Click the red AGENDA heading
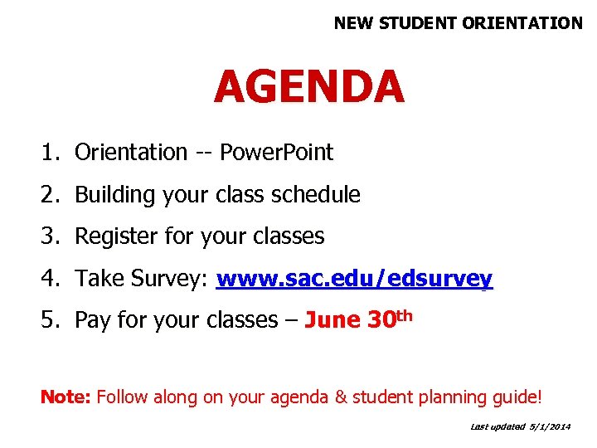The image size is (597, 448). [x=308, y=87]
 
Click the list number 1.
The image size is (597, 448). [x=51, y=153]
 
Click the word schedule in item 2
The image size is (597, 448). [x=318, y=195]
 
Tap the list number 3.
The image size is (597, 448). [x=51, y=236]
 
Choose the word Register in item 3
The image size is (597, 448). [x=113, y=236]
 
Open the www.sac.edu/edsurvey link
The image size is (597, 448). [x=354, y=279]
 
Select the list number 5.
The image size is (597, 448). [x=51, y=320]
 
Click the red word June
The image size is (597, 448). [x=332, y=320]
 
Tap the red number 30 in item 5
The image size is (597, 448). [x=380, y=320]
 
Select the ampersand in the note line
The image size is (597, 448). [x=341, y=397]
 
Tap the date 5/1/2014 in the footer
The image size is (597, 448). [x=551, y=426]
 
